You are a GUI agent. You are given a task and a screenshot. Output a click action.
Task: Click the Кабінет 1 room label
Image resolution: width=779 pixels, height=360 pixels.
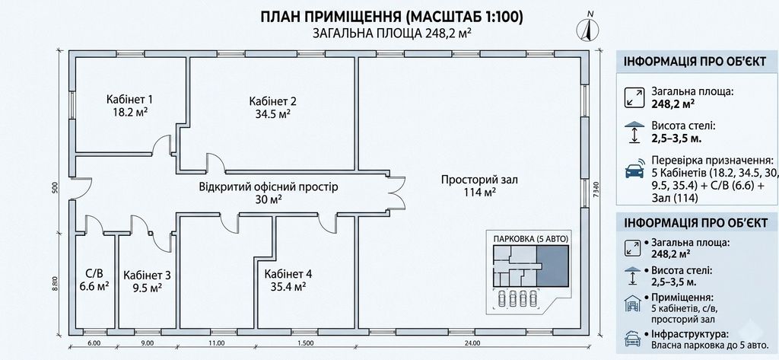(129, 98)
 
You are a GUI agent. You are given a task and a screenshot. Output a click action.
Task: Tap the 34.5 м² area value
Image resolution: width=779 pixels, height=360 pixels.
(270, 114)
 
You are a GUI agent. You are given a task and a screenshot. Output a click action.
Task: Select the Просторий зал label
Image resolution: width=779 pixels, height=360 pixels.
(479, 180)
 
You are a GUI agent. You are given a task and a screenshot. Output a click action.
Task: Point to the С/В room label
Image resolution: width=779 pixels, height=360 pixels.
(94, 273)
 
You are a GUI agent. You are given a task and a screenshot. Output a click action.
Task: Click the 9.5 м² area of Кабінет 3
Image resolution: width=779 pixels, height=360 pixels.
(147, 288)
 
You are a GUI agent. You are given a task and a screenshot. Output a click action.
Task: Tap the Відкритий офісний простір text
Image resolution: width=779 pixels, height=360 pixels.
(269, 187)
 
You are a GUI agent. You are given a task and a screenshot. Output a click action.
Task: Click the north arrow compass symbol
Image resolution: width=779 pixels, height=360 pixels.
(588, 28)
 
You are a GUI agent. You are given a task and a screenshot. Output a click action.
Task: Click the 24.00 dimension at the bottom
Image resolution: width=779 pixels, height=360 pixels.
(472, 342)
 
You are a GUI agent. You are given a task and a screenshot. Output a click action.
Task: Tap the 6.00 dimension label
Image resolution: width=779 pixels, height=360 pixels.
(94, 342)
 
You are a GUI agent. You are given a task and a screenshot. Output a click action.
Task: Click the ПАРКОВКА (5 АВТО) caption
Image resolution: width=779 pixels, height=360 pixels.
(530, 239)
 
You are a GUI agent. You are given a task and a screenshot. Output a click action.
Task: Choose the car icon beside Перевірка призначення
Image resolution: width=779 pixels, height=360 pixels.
(634, 169)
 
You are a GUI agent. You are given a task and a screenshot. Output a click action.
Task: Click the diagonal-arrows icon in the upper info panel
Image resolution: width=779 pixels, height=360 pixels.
(634, 97)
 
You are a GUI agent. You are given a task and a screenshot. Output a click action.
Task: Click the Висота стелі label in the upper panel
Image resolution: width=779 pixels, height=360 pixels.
(679, 127)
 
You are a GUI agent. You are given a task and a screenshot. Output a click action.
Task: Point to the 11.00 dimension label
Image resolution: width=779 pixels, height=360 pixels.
(217, 342)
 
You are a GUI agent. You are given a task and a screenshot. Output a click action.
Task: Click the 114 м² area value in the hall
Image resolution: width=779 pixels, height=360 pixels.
(479, 193)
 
